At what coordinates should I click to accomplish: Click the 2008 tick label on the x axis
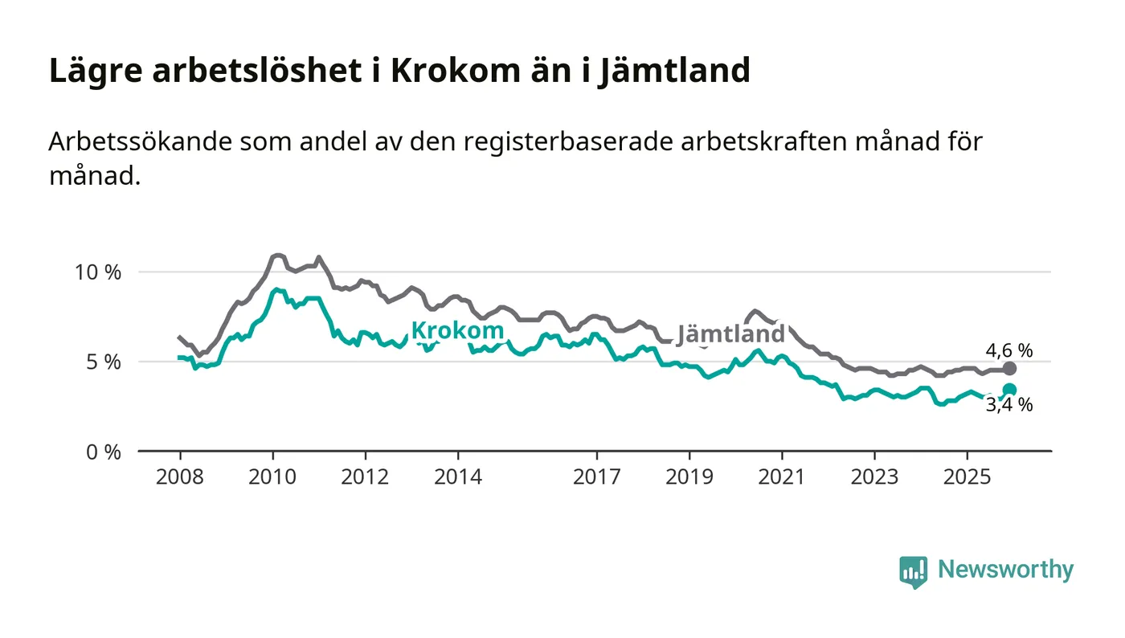click(179, 477)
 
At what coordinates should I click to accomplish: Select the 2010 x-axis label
click(272, 477)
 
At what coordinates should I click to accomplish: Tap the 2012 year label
click(365, 477)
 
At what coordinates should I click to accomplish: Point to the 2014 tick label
click(458, 477)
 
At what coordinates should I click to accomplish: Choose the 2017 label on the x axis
click(597, 477)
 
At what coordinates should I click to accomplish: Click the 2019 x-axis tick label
click(689, 477)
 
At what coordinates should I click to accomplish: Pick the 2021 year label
click(783, 477)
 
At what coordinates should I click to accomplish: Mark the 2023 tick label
click(875, 477)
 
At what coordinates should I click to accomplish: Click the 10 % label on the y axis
click(97, 272)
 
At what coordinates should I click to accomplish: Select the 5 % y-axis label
click(104, 362)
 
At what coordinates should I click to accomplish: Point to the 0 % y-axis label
click(104, 452)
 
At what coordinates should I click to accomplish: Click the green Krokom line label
click(457, 330)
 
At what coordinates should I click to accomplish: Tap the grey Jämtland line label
click(730, 334)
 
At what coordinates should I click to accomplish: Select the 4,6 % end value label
click(1008, 350)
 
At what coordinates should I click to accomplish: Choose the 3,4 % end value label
click(1008, 406)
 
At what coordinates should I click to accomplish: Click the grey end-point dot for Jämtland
click(1009, 369)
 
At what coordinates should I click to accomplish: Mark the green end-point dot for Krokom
click(1009, 390)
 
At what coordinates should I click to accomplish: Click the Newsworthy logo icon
click(913, 571)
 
